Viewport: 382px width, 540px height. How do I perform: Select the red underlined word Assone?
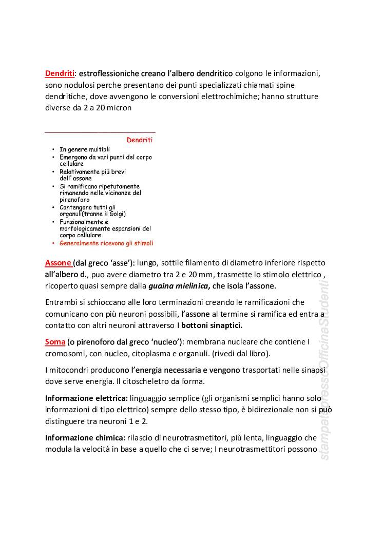(x=58, y=263)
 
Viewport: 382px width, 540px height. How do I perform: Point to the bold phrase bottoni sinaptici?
(x=212, y=325)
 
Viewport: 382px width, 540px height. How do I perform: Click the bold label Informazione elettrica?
(x=86, y=398)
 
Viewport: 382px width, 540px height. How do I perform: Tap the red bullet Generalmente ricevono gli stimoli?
(x=106, y=243)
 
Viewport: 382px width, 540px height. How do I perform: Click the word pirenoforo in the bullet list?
(x=74, y=200)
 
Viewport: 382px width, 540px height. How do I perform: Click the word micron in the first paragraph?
(x=119, y=108)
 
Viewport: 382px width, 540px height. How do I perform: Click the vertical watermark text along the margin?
(x=324, y=370)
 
